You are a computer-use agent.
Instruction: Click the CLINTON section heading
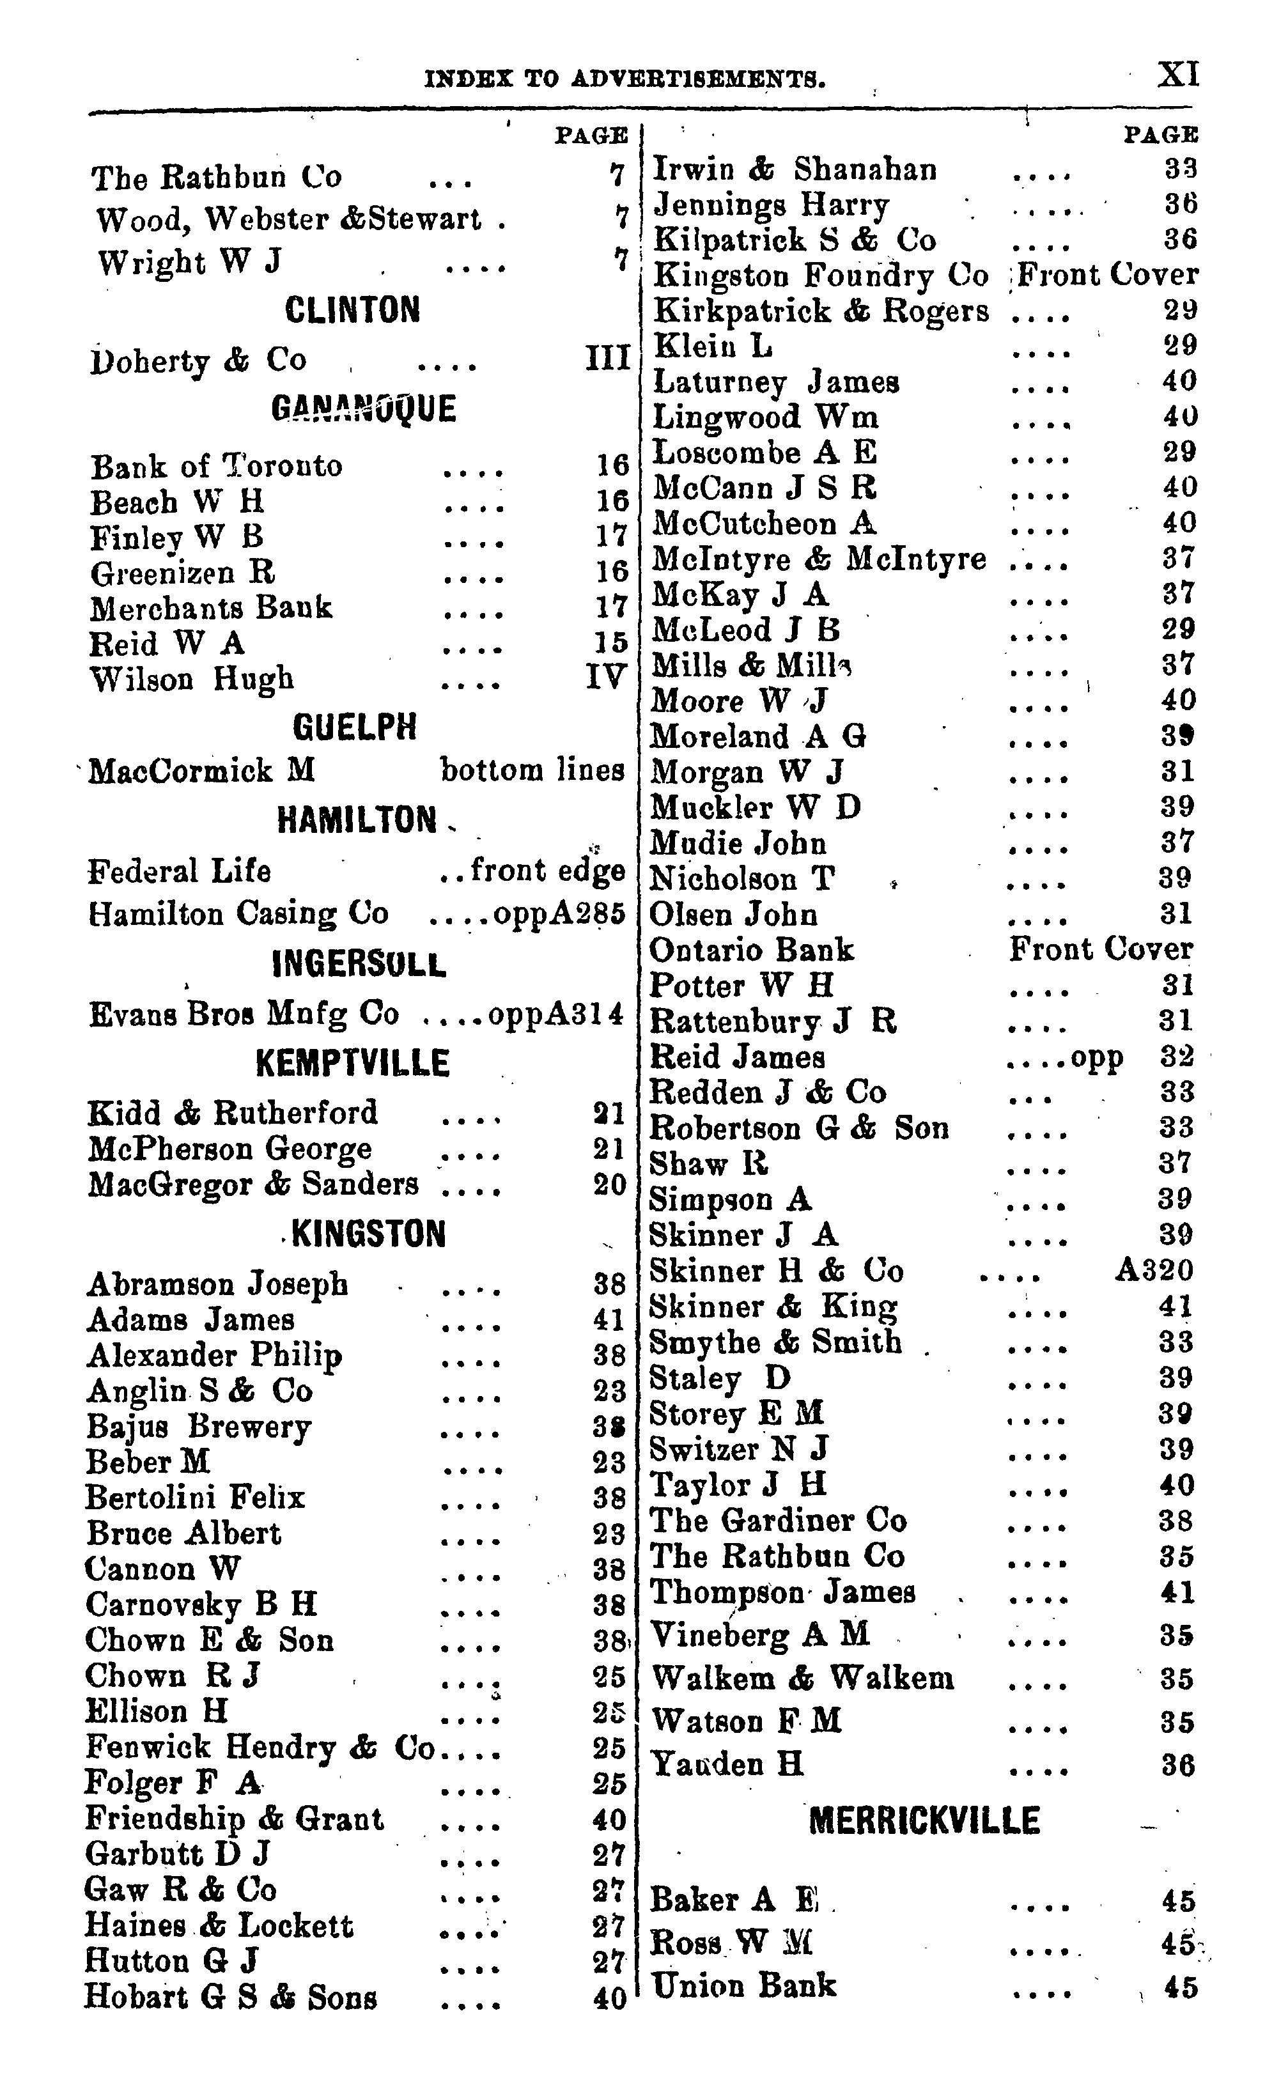pyautogui.click(x=352, y=310)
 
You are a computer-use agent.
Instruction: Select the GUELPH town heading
pyautogui.click(x=354, y=727)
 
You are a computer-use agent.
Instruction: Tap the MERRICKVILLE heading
pyautogui.click(x=924, y=1821)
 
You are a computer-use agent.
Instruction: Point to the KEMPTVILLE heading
pyautogui.click(x=352, y=1063)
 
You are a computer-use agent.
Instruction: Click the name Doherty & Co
pyautogui.click(x=198, y=361)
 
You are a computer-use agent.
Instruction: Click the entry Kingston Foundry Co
pyautogui.click(x=820, y=275)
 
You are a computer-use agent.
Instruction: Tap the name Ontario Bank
pyautogui.click(x=751, y=950)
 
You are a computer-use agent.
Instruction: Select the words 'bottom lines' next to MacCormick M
pyautogui.click(x=532, y=770)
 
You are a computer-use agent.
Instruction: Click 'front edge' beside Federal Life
pyautogui.click(x=548, y=871)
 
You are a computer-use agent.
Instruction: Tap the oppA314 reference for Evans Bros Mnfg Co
pyautogui.click(x=555, y=1014)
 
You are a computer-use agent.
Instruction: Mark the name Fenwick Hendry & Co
pyautogui.click(x=260, y=1748)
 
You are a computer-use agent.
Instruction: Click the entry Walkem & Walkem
pyautogui.click(x=802, y=1678)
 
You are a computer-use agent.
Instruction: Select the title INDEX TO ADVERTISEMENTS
pyautogui.click(x=625, y=80)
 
